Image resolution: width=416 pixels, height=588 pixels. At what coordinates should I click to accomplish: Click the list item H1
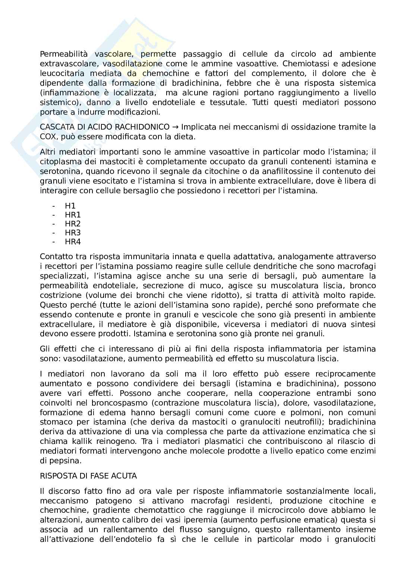coord(70,206)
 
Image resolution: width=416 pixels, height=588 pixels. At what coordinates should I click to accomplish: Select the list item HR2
coord(73,224)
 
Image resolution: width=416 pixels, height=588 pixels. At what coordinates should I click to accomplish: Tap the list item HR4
coord(73,242)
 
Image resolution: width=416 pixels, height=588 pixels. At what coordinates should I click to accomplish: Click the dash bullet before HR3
coord(54,233)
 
